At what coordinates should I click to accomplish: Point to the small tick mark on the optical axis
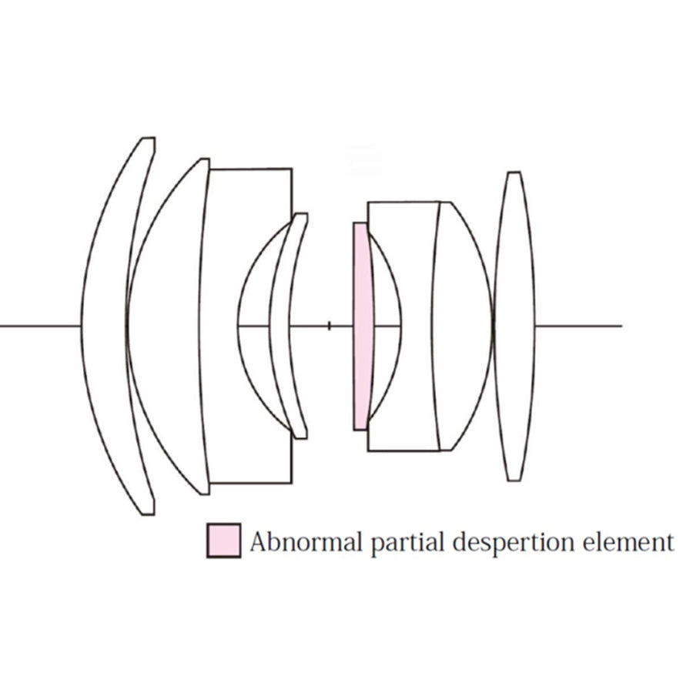tap(330, 326)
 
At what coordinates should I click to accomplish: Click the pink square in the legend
tap(223, 541)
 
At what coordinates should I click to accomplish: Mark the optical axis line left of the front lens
tap(38, 326)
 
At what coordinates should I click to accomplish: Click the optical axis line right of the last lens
tap(577, 326)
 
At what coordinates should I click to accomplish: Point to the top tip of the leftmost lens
tap(148, 139)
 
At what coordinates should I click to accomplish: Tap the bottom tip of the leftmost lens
tap(148, 513)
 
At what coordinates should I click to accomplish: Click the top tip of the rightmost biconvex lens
tap(514, 172)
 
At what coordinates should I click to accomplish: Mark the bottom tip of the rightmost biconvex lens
tap(514, 480)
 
